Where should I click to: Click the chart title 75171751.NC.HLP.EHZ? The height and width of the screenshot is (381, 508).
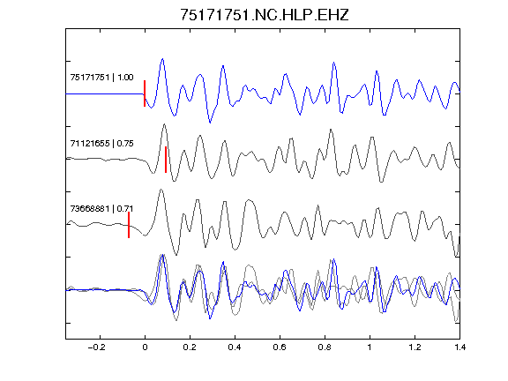click(265, 15)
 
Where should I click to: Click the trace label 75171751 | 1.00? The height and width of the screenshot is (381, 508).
click(101, 78)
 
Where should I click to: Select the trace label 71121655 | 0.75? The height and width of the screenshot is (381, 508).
click(101, 143)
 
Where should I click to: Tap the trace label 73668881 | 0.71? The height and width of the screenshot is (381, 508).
click(101, 209)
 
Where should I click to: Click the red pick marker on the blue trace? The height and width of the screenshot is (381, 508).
click(145, 93)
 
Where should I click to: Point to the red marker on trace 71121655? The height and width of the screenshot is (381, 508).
click(166, 160)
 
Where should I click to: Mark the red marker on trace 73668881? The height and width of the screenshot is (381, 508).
click(129, 225)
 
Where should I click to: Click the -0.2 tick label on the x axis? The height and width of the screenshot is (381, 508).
click(96, 347)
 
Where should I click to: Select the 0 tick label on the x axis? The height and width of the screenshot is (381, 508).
click(145, 347)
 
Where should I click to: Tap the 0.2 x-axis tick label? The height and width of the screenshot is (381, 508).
click(190, 347)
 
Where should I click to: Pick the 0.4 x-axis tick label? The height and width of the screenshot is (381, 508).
click(235, 347)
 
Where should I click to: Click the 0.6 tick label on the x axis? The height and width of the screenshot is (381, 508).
click(280, 347)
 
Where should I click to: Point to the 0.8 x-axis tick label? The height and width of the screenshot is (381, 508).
click(325, 347)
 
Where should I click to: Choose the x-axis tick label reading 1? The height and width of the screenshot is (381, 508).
click(370, 347)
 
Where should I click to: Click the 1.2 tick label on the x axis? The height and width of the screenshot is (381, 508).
click(415, 347)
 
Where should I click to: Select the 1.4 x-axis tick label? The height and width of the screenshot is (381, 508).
click(459, 347)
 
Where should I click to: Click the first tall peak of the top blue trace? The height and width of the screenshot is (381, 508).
click(162, 59)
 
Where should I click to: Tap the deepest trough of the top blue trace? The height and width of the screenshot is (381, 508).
click(210, 123)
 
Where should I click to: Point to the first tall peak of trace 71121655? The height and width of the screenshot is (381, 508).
click(165, 124)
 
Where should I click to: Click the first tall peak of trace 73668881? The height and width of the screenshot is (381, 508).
click(161, 190)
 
